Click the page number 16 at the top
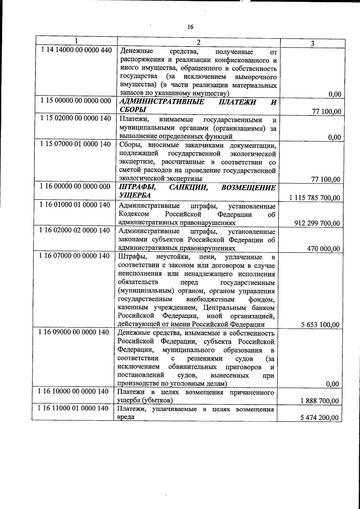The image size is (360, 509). (190, 27)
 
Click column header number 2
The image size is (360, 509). (198, 42)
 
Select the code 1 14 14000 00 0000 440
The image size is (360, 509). (76, 50)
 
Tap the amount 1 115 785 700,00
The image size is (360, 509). (315, 198)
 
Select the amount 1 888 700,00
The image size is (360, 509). (320, 401)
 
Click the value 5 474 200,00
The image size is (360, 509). (320, 418)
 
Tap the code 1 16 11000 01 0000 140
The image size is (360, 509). (74, 408)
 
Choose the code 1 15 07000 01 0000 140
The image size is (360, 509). (76, 144)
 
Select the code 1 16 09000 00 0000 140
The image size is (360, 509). (74, 332)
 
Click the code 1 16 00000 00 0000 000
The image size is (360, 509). (75, 187)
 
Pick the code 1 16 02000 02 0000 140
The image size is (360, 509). (75, 230)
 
